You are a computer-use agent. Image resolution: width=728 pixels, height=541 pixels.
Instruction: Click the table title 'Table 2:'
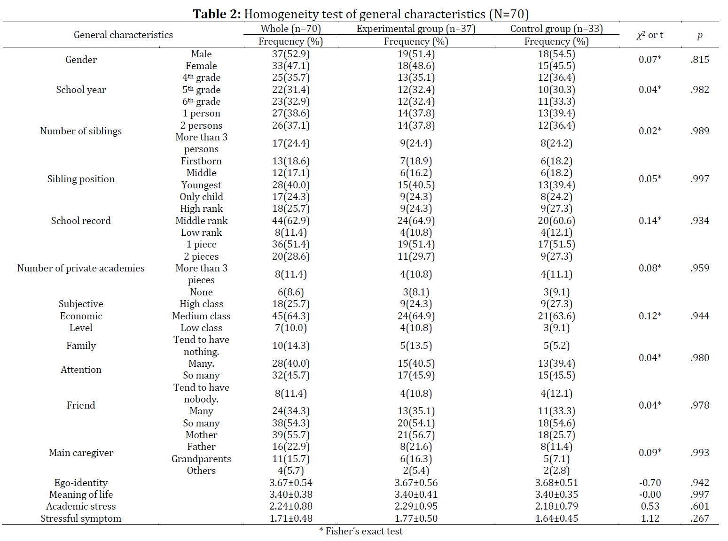(217, 14)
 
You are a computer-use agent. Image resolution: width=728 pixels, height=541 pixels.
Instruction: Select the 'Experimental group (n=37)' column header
(416, 29)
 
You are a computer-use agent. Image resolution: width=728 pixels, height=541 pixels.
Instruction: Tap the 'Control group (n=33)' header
(556, 29)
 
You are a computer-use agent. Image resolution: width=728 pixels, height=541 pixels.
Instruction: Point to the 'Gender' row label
(81, 60)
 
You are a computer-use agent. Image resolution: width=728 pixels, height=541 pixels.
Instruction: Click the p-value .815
(699, 60)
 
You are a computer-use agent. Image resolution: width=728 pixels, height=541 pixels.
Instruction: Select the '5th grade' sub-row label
(201, 90)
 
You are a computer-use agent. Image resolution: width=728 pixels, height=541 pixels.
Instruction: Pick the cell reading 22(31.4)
(291, 90)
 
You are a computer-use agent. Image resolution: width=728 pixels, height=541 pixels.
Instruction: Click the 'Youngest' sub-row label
(201, 185)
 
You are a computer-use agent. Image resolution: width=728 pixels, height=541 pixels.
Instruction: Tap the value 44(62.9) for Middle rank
(291, 220)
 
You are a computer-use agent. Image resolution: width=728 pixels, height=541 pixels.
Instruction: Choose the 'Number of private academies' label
(81, 268)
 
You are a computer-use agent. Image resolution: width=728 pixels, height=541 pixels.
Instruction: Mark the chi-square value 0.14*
(650, 220)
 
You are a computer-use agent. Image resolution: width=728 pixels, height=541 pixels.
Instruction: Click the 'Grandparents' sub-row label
(201, 459)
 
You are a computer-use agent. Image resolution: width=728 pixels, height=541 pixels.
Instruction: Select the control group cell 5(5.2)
(556, 346)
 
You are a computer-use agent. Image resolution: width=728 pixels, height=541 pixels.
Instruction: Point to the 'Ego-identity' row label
(81, 483)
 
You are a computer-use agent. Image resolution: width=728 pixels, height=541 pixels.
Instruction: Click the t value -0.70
(650, 483)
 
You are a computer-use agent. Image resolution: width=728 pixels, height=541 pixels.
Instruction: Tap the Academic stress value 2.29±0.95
(416, 506)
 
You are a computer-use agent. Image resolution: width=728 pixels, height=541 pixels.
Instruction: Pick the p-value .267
(699, 518)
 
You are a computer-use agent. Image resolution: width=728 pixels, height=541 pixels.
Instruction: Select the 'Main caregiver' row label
(81, 453)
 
